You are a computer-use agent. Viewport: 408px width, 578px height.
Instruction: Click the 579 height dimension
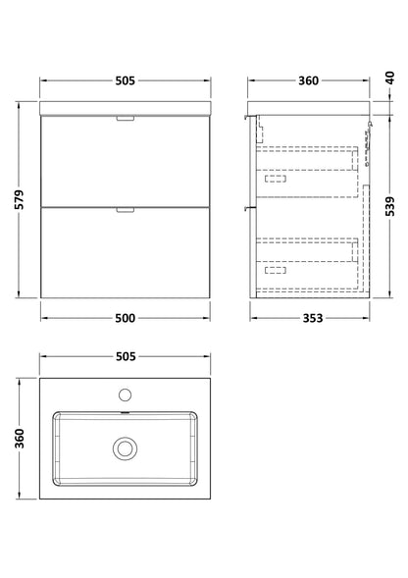pos(20,200)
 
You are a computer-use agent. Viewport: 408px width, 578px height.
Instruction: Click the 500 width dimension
pos(126,318)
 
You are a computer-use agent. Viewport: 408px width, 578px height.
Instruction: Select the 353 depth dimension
pos(313,318)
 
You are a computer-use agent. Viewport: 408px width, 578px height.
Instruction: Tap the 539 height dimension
pos(390,206)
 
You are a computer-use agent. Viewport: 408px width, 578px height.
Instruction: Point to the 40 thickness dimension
pos(390,78)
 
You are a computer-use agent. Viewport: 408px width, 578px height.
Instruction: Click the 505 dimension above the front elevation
pos(126,80)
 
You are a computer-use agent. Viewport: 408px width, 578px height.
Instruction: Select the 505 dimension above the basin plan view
pos(126,356)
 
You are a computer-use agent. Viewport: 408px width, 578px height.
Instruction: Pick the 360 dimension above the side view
pos(308,80)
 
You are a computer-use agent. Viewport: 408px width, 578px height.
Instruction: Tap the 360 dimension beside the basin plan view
pos(20,439)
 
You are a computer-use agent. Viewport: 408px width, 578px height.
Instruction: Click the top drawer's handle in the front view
pos(126,119)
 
